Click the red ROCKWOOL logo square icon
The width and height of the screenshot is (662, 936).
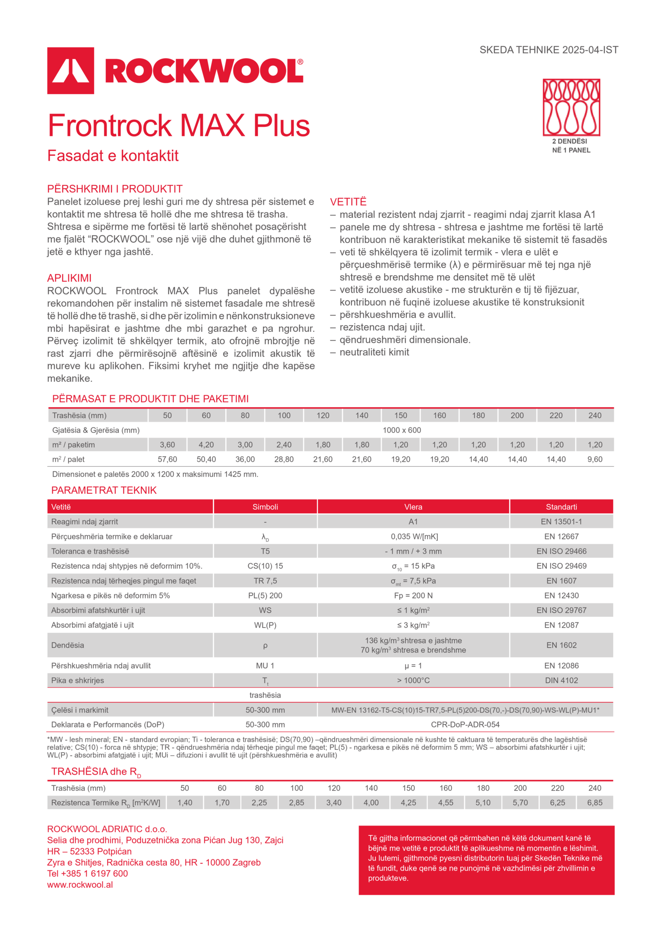[71, 71]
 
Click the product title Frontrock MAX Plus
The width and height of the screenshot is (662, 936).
[179, 125]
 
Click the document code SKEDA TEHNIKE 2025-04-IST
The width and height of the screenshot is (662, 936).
[549, 50]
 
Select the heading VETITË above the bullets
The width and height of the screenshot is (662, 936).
[348, 202]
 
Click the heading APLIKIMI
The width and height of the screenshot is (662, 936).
[69, 278]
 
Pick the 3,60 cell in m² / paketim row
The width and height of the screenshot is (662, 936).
[167, 445]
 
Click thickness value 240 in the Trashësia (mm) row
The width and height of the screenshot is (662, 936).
[595, 415]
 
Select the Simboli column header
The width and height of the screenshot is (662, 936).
[265, 507]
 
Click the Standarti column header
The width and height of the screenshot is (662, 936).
[561, 507]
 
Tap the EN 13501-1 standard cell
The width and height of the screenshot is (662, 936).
[561, 522]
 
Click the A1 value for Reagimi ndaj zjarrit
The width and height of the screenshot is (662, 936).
[413, 522]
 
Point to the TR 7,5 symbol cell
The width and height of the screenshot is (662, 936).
[265, 581]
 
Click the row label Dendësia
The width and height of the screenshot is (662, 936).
[68, 645]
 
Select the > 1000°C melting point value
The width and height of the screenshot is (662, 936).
[413, 680]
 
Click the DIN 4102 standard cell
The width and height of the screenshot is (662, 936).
[561, 680]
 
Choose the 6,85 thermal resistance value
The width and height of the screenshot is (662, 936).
[595, 803]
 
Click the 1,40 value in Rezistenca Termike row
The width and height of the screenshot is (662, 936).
[185, 803]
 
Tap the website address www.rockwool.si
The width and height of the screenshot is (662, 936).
[80, 885]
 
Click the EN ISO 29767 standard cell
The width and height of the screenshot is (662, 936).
[561, 610]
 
